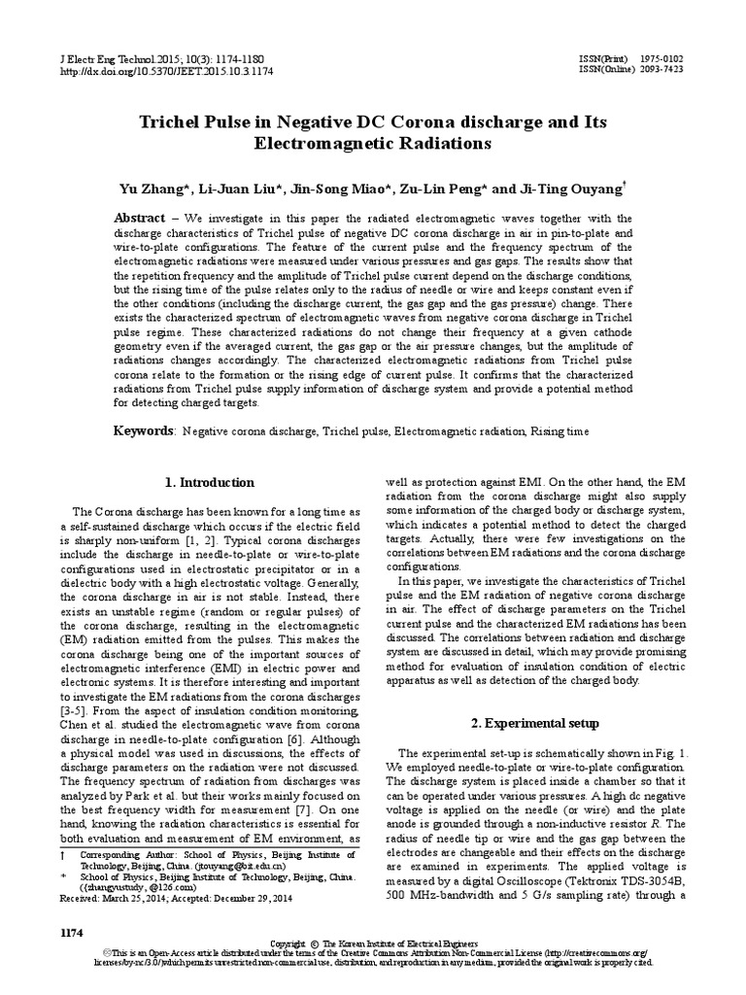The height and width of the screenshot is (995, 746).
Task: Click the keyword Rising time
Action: pos(559,430)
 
